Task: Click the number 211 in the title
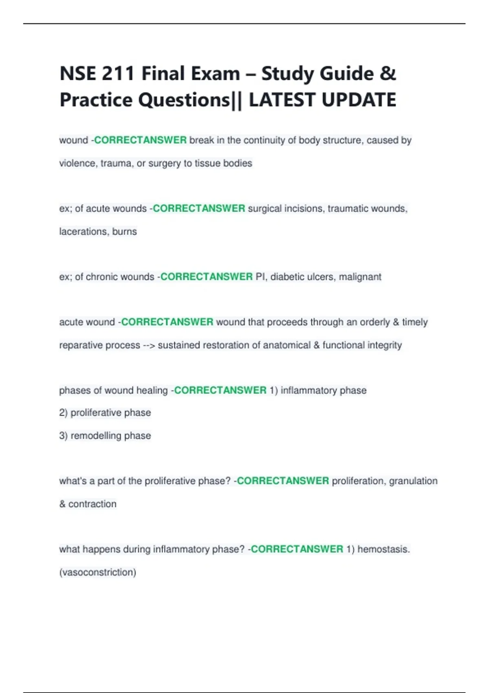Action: click(x=118, y=74)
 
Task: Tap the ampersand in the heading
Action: click(x=387, y=74)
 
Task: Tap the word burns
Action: click(x=125, y=232)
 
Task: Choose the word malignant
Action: click(x=360, y=277)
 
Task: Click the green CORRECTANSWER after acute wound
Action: click(x=167, y=322)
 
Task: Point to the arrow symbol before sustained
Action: click(x=149, y=345)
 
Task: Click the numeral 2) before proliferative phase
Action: click(x=63, y=413)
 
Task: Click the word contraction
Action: click(x=93, y=504)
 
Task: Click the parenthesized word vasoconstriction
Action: click(x=98, y=572)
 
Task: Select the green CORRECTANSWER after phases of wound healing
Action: click(x=220, y=391)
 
